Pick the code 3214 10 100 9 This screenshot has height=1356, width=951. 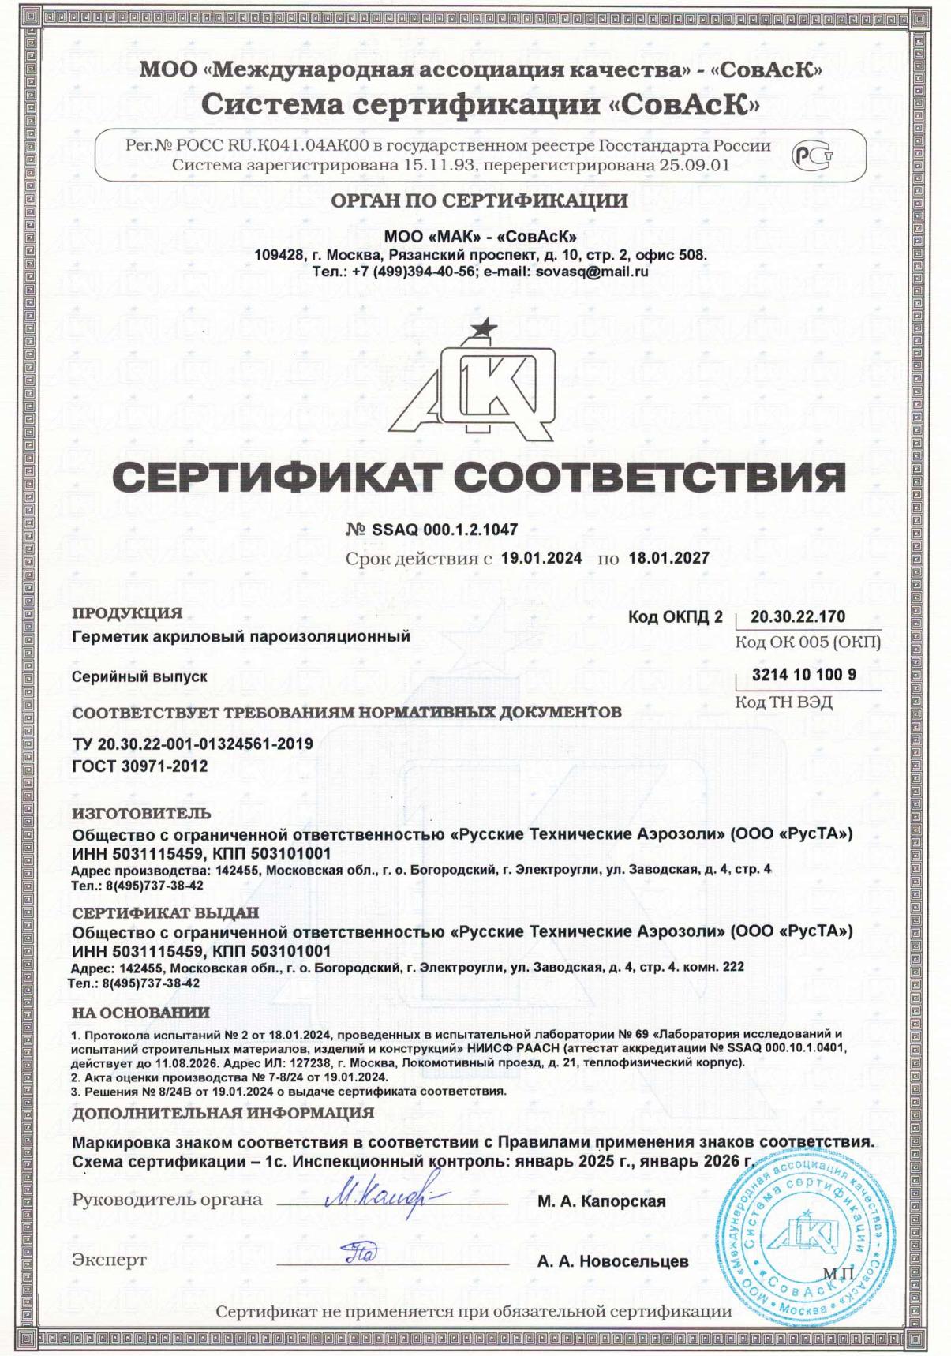(x=804, y=675)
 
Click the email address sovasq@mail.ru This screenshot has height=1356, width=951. (x=581, y=271)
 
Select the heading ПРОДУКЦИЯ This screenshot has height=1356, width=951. (x=127, y=613)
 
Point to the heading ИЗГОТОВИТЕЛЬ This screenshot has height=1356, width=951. (x=141, y=813)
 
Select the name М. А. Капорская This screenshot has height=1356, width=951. (x=601, y=1201)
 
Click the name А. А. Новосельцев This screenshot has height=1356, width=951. (x=612, y=1261)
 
